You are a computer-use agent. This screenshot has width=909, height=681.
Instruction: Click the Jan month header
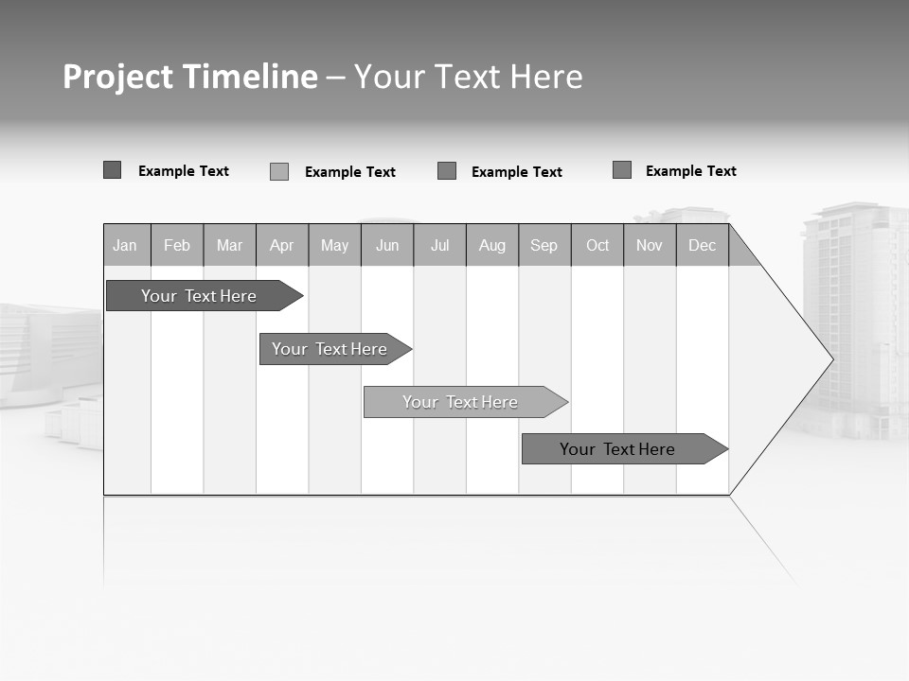[x=126, y=245]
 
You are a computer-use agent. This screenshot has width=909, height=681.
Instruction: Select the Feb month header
[x=177, y=245]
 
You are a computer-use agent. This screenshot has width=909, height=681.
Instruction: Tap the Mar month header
[x=229, y=245]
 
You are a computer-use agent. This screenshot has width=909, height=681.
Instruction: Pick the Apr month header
[x=282, y=245]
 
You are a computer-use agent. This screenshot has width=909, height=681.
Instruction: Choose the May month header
[x=334, y=245]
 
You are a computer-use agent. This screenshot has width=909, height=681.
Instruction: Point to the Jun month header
[x=387, y=245]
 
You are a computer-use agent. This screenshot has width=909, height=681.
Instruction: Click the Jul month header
[x=439, y=245]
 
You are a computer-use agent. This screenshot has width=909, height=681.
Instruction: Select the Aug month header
[x=492, y=245]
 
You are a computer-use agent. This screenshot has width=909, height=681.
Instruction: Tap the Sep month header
[x=544, y=245]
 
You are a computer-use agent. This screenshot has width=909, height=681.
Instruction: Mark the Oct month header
[x=597, y=245]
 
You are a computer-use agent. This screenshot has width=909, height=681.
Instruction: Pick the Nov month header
[x=650, y=245]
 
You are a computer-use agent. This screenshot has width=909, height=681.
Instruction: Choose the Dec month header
[x=703, y=245]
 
